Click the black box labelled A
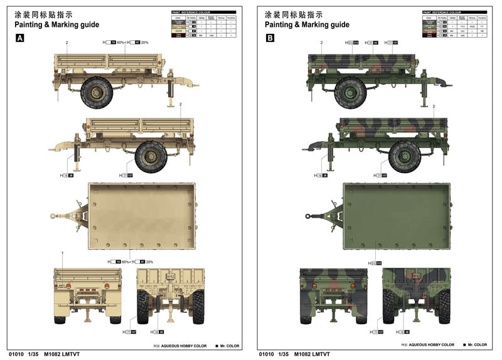19,38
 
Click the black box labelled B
270,38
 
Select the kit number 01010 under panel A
16,354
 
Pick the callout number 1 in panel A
63,252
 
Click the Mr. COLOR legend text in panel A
227,345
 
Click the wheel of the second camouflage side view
404,156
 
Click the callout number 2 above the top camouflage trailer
321,42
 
